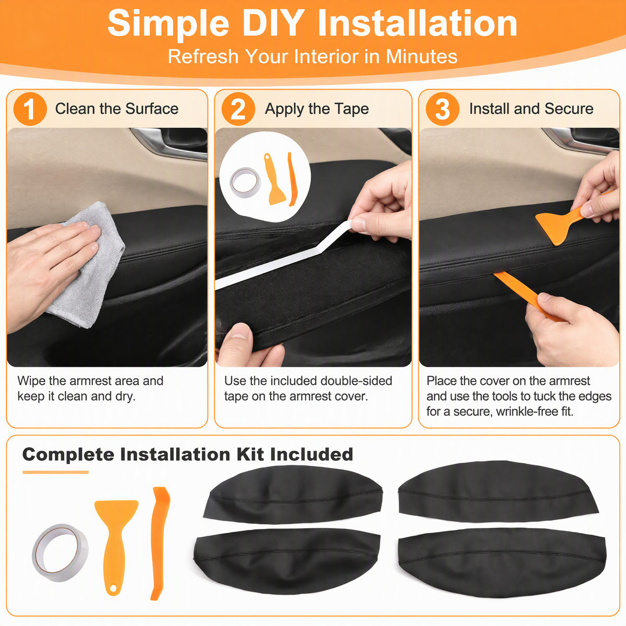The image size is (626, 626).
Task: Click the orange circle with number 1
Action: tap(30, 109)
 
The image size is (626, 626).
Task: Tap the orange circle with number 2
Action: tap(238, 109)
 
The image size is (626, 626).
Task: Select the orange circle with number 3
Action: tap(442, 109)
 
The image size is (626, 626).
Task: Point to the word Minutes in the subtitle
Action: tap(422, 56)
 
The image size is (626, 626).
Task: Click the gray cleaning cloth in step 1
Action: tap(87, 265)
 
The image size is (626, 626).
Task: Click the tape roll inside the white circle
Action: tap(246, 182)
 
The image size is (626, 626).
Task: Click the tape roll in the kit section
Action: tap(60, 552)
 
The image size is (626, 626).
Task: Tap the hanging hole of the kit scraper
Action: tap(113, 588)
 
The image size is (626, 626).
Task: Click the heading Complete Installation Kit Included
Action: tap(187, 454)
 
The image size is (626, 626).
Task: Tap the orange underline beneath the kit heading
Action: tap(55, 472)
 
